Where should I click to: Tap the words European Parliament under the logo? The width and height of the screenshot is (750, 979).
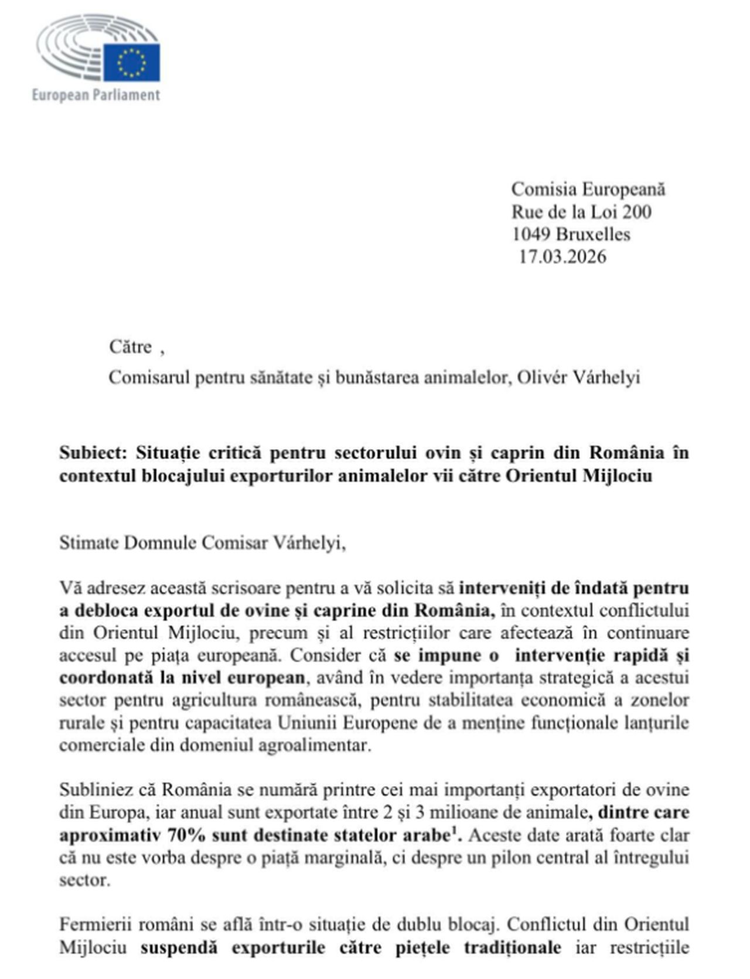(96, 95)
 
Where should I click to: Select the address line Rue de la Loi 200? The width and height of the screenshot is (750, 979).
(581, 212)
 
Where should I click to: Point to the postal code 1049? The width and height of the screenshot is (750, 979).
(531, 234)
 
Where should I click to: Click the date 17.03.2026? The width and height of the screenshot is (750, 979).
(562, 257)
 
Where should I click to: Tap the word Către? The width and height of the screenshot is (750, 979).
(130, 347)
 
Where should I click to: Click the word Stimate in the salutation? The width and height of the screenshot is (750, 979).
(88, 543)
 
